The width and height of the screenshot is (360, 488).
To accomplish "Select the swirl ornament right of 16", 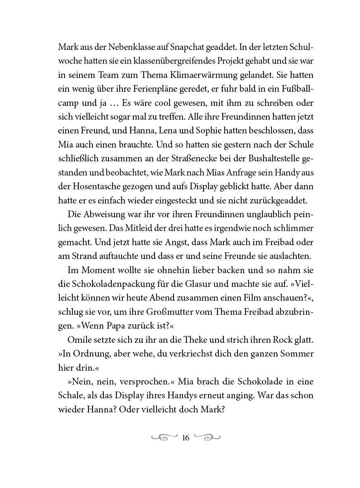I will [208, 437].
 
